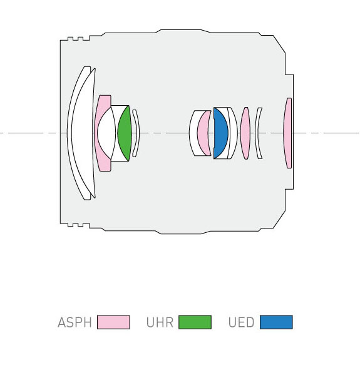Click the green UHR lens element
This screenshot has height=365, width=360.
point(125,133)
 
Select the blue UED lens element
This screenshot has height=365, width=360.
point(220,133)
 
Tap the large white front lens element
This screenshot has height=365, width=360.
point(81,133)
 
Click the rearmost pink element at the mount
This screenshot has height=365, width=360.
point(288,133)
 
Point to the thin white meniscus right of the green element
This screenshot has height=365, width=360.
point(136,133)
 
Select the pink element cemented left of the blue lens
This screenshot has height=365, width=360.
point(203,133)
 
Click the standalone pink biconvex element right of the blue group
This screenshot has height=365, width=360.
point(245,133)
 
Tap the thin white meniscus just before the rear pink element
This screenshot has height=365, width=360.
point(257,133)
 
